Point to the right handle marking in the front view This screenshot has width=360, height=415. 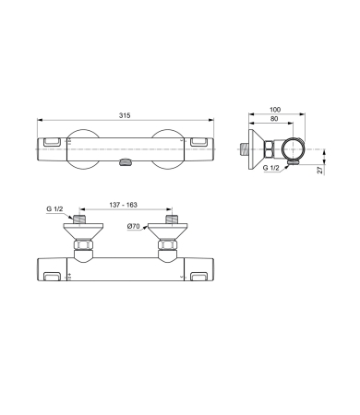click(200, 276)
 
